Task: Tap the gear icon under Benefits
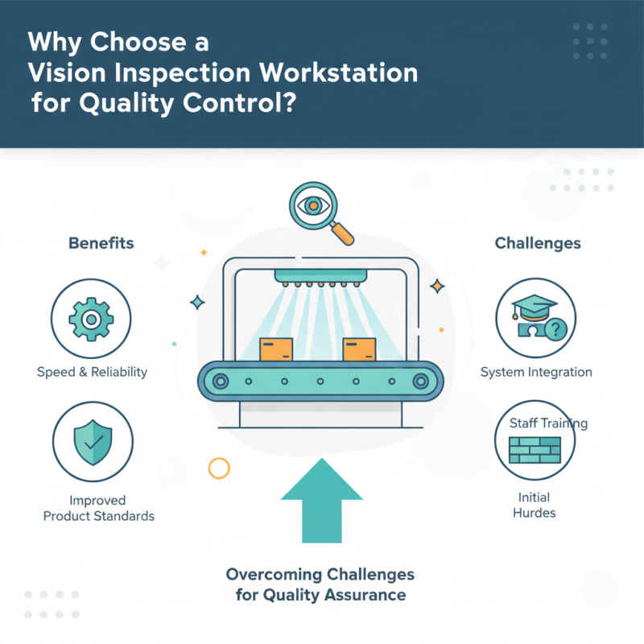point(91,320)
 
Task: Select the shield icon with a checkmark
point(91,441)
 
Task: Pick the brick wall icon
point(535,450)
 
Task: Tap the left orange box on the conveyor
point(276,349)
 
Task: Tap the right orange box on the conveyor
point(359,349)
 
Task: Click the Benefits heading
point(101,242)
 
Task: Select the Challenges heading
point(537,242)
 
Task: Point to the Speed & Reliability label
point(92,372)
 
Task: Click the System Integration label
point(536,372)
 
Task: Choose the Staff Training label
point(548,423)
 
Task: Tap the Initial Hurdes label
point(535,505)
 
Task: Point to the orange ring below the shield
point(218,468)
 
